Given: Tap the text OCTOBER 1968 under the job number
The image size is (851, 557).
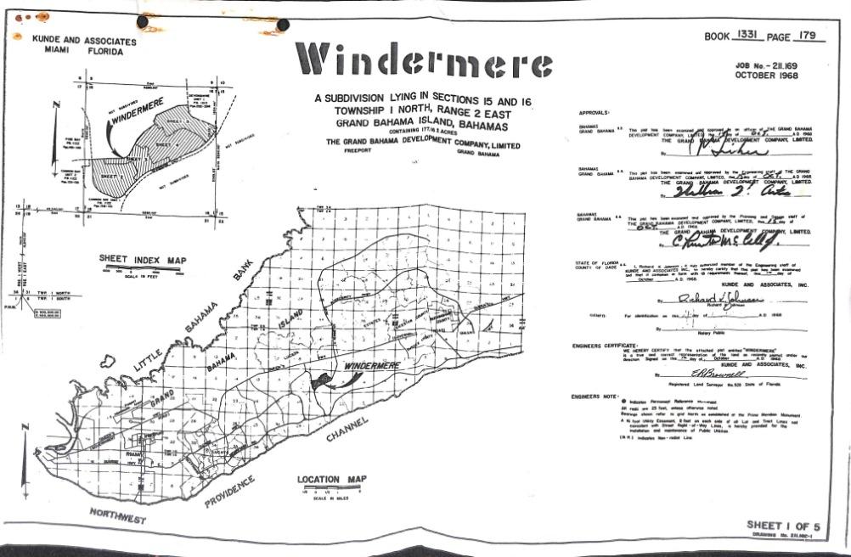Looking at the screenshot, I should point(767,76).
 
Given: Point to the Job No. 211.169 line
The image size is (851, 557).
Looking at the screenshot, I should point(767,64).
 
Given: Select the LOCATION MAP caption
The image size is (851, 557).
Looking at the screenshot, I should point(332,480).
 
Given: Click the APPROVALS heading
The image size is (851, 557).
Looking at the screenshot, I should point(597,113).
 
